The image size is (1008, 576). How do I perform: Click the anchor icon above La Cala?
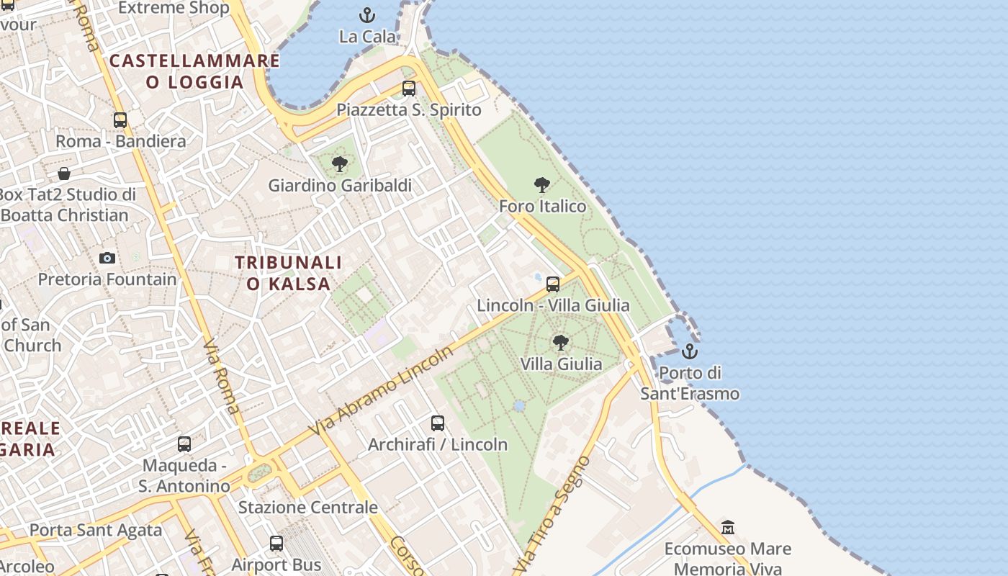[367, 14]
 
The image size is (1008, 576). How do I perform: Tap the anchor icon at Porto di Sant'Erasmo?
[690, 351]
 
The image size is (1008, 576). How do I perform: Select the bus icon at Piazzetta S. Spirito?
[409, 89]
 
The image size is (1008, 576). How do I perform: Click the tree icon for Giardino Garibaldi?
[340, 165]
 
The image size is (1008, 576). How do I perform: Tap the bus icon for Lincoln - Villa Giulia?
[552, 284]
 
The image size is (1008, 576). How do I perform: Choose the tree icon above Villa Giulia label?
[560, 343]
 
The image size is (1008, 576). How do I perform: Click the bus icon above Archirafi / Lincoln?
[438, 423]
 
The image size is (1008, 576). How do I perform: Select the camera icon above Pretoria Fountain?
[107, 258]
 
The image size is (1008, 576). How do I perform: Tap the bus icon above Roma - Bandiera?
[120, 120]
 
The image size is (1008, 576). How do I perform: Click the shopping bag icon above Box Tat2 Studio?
[64, 174]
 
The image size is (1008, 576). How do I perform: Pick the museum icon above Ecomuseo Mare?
[727, 528]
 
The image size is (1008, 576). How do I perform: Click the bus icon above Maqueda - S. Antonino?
[184, 444]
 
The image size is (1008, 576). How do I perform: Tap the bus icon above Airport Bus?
[276, 544]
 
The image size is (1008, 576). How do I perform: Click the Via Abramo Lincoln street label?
[382, 390]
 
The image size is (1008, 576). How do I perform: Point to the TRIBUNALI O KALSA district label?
[289, 273]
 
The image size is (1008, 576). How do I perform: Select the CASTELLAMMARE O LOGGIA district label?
[194, 71]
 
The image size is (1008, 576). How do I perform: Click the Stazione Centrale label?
[307, 507]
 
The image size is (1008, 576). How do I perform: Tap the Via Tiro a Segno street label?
[553, 516]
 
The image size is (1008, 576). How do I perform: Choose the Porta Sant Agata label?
[96, 531]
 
